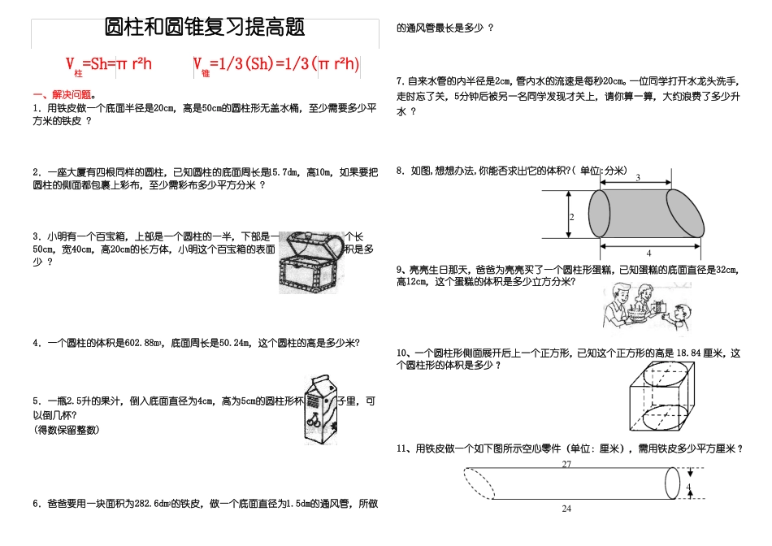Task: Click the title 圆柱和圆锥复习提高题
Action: pyautogui.click(x=205, y=28)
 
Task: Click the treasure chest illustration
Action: pyautogui.click(x=308, y=261)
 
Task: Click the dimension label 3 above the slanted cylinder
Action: pyautogui.click(x=637, y=177)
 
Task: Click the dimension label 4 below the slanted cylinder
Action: pyautogui.click(x=648, y=253)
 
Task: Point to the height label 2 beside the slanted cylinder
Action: pyautogui.click(x=571, y=218)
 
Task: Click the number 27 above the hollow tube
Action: pyautogui.click(x=566, y=465)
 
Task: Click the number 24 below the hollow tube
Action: pyautogui.click(x=566, y=509)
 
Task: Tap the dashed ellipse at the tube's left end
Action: pyautogui.click(x=479, y=485)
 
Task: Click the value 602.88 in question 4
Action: pyautogui.click(x=144, y=343)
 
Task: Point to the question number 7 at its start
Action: pyautogui.click(x=400, y=81)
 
